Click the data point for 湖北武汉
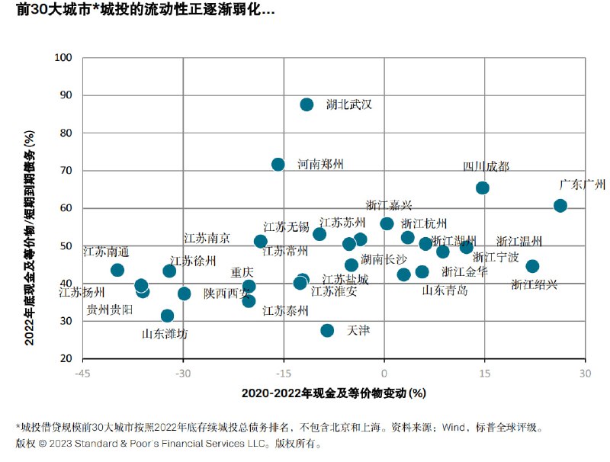coord(307,104)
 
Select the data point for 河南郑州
coord(278,165)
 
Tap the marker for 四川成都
coord(482,188)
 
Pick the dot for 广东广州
coord(560,206)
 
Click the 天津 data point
coord(327,330)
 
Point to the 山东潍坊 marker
coord(167,316)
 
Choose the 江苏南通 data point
coord(117,270)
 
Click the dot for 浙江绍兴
coord(532,266)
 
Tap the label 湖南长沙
coord(384,259)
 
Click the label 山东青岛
coord(445,290)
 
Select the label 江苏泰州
coord(285,310)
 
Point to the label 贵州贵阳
coord(110,309)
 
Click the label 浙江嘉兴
coord(389,205)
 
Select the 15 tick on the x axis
coord(484,373)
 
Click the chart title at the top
coord(145,11)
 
